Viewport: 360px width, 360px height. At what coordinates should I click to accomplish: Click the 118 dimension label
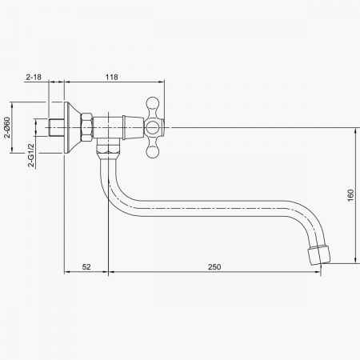pyautogui.click(x=111, y=77)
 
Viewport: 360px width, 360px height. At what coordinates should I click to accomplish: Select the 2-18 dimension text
pyautogui.click(x=34, y=77)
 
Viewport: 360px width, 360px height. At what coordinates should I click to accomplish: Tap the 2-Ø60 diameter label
pyautogui.click(x=7, y=127)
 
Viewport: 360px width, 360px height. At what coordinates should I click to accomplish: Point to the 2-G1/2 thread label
pyautogui.click(x=31, y=155)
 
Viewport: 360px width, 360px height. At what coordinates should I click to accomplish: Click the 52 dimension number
pyautogui.click(x=86, y=267)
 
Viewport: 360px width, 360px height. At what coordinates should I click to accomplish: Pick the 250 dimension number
pyautogui.click(x=214, y=267)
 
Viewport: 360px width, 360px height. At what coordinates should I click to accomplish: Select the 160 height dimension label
pyautogui.click(x=350, y=195)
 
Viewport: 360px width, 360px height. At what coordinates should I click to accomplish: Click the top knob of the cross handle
pyautogui.click(x=153, y=102)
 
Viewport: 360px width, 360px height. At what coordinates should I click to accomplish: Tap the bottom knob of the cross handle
pyautogui.click(x=153, y=152)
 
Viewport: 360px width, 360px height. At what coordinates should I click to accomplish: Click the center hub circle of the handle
pyautogui.click(x=152, y=127)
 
